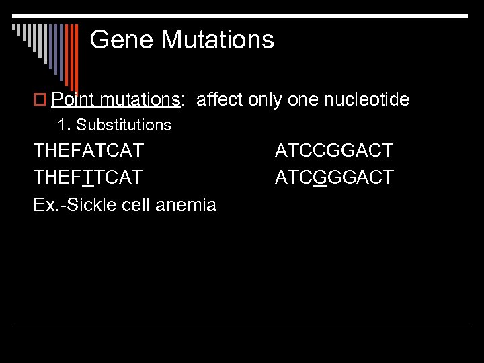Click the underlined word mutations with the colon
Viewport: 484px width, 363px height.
click(141, 100)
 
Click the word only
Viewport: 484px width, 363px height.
click(265, 100)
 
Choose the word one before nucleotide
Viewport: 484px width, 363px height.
click(302, 100)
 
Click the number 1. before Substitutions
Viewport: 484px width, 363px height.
click(64, 125)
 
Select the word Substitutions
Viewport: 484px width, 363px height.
click(124, 125)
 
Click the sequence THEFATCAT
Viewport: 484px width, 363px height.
click(88, 151)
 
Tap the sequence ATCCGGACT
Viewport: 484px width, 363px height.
click(334, 151)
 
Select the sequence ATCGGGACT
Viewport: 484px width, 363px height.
click(335, 177)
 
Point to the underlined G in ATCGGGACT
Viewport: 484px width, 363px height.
click(320, 177)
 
